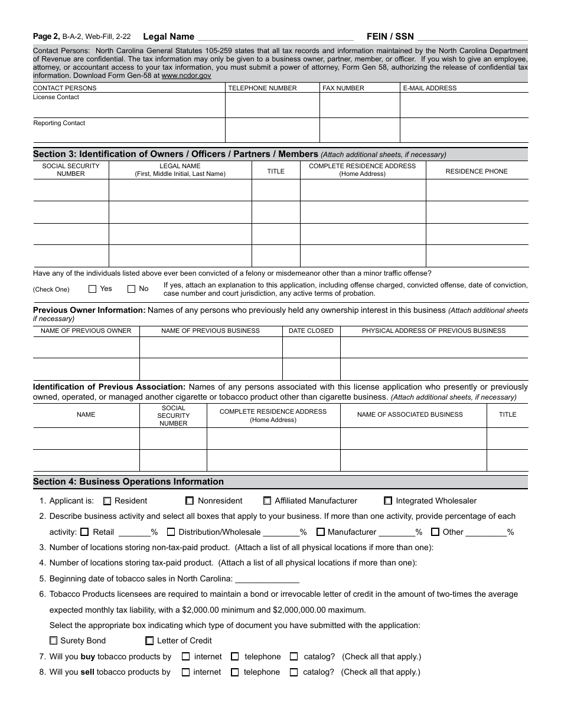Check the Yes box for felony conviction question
click(x=92, y=289)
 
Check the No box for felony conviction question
click(x=131, y=289)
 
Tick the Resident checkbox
click(x=107, y=501)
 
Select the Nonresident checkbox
click(x=190, y=501)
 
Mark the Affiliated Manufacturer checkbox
click(x=267, y=501)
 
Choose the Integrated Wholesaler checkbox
click(x=388, y=501)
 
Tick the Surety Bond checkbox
click(x=54, y=641)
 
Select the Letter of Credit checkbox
click(x=149, y=641)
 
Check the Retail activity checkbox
click(x=84, y=532)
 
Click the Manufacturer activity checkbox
click(x=320, y=532)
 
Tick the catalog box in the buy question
click(x=294, y=656)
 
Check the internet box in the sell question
click(x=185, y=672)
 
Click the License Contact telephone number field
click(x=272, y=106)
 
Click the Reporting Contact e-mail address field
click(x=464, y=130)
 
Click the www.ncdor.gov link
click(x=186, y=76)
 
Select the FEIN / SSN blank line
click(x=472, y=37)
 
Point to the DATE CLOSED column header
click(x=311, y=331)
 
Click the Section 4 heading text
click(x=128, y=482)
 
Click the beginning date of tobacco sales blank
click(x=267, y=579)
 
